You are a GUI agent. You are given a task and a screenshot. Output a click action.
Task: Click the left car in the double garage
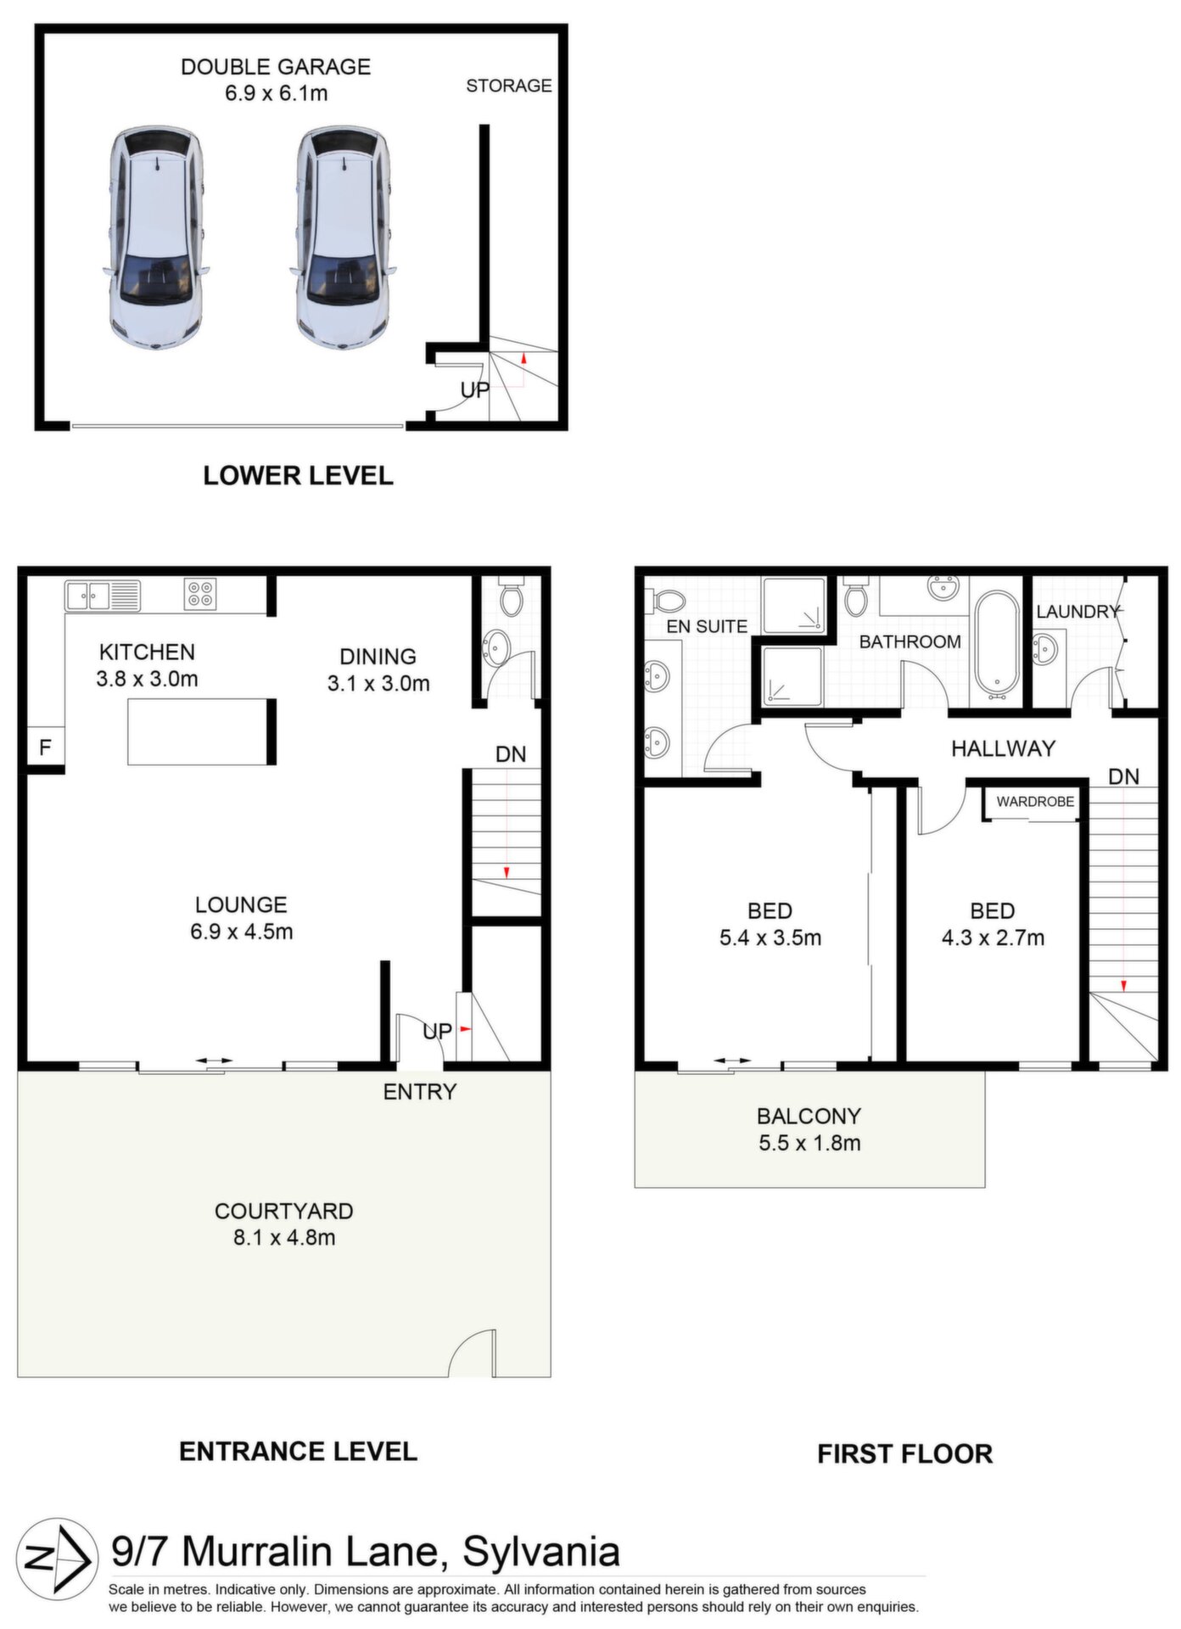(x=156, y=238)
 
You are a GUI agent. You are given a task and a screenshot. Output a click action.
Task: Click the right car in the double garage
(x=343, y=238)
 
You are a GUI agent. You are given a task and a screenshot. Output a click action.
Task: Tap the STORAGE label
(x=509, y=86)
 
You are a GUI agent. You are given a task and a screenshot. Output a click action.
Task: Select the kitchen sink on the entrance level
(x=103, y=595)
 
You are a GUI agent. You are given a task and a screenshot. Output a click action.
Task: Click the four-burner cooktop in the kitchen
(x=200, y=594)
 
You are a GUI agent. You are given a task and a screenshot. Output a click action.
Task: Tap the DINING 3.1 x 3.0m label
(x=378, y=669)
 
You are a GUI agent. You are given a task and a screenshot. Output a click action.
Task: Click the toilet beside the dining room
(x=512, y=596)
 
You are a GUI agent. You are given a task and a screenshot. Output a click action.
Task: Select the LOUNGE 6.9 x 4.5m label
(x=242, y=918)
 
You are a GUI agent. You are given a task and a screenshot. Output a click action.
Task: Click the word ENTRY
(x=420, y=1092)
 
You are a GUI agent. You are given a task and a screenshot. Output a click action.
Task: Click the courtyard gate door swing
(x=470, y=1352)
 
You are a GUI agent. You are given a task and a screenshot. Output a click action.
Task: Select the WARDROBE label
(x=1035, y=802)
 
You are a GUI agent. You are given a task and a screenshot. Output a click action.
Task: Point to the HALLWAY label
(x=1003, y=748)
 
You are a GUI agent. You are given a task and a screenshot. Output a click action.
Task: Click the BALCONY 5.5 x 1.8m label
(x=809, y=1129)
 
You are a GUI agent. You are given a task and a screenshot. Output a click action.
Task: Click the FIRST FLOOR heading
(x=904, y=1453)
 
